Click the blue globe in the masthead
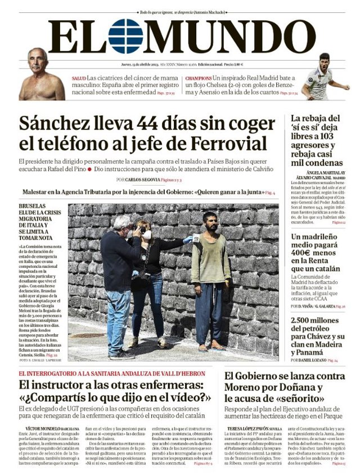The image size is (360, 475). (x=125, y=37)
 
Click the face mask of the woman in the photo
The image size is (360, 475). (x=147, y=235)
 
